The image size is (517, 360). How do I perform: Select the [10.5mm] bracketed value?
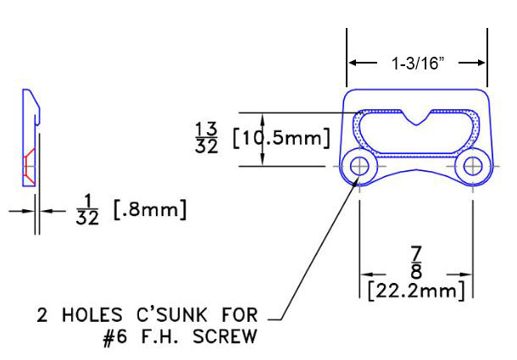pyautogui.click(x=279, y=138)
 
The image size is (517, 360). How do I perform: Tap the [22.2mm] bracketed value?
pyautogui.click(x=416, y=292)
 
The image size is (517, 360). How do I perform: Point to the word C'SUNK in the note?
pyautogui.click(x=159, y=318)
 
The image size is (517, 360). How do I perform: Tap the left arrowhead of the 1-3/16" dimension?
pyautogui.click(x=354, y=63)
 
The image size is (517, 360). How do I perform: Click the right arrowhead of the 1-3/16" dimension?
pyautogui.click(x=483, y=63)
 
